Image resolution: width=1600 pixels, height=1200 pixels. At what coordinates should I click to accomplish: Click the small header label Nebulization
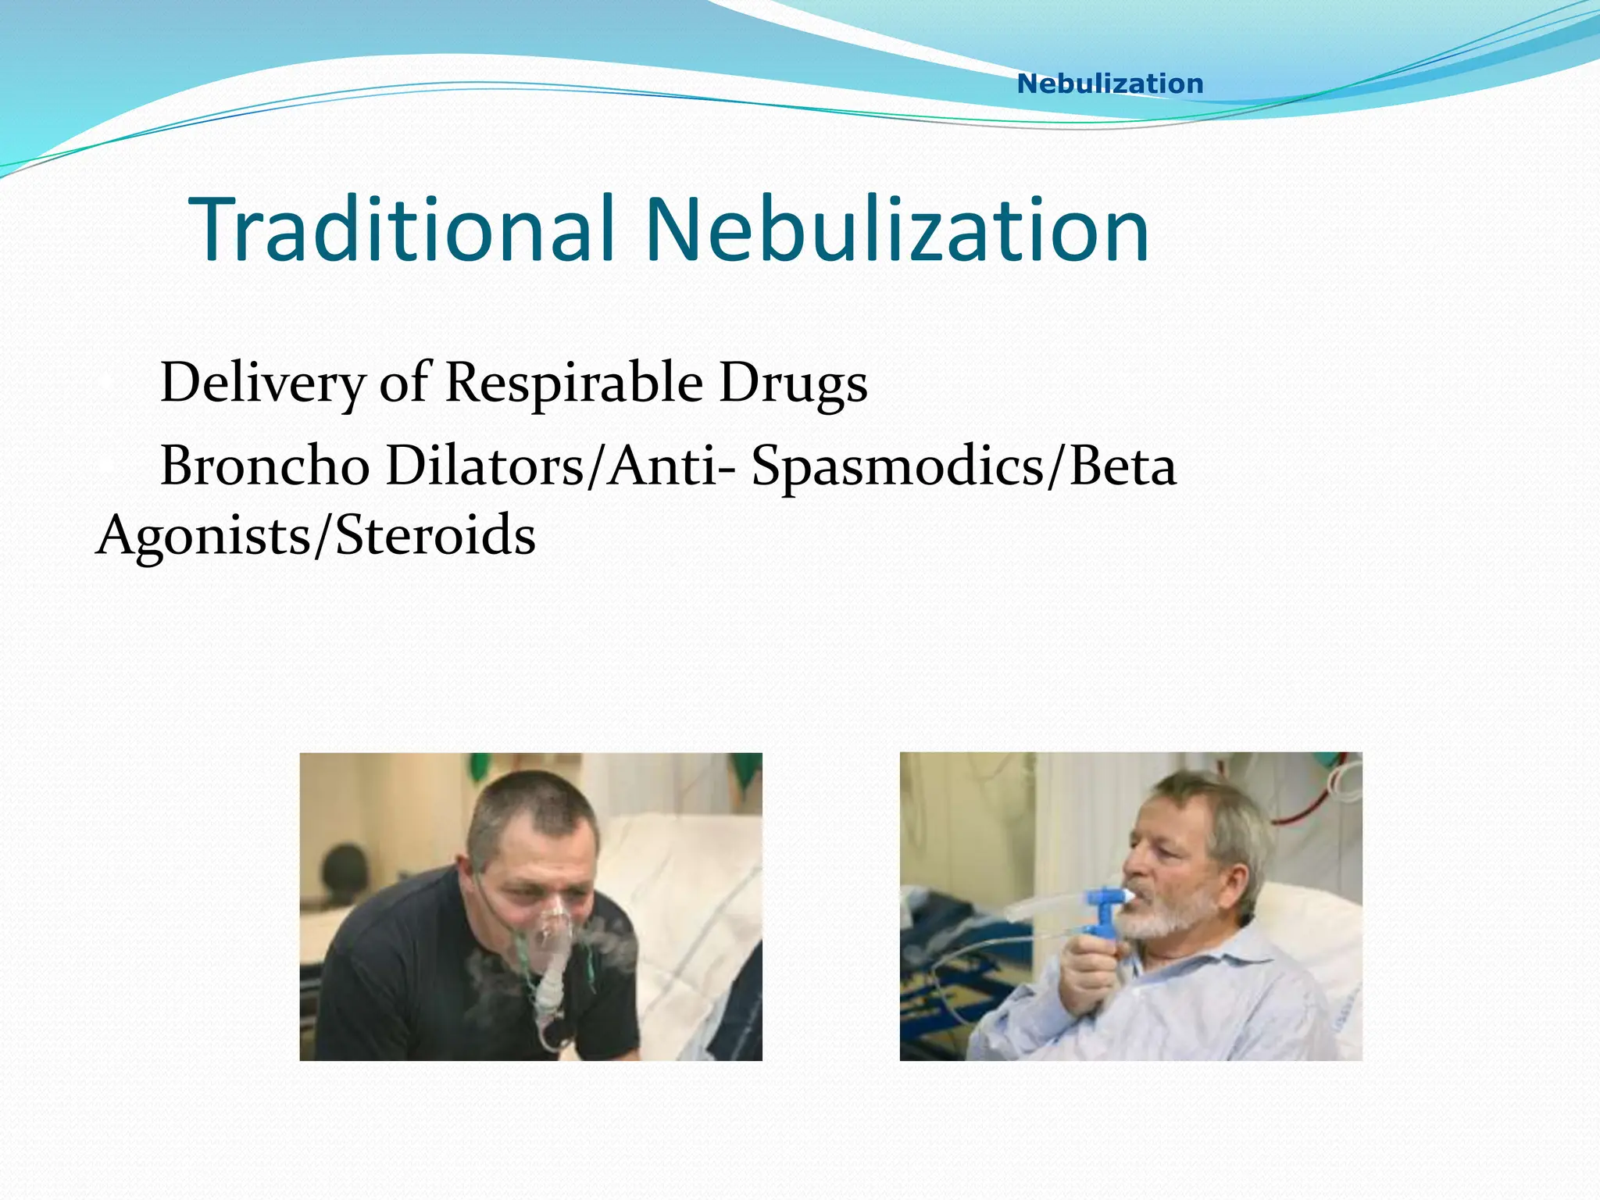(x=1109, y=84)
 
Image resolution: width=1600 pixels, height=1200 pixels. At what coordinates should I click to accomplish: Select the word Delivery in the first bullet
(x=262, y=383)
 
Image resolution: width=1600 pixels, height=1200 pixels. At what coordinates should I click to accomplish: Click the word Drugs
(x=793, y=383)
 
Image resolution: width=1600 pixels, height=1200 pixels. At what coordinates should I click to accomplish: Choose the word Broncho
(x=265, y=466)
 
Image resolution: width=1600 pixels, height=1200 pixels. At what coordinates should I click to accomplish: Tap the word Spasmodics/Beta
(x=963, y=466)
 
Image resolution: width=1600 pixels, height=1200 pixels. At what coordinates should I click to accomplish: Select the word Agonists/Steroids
(x=316, y=536)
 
